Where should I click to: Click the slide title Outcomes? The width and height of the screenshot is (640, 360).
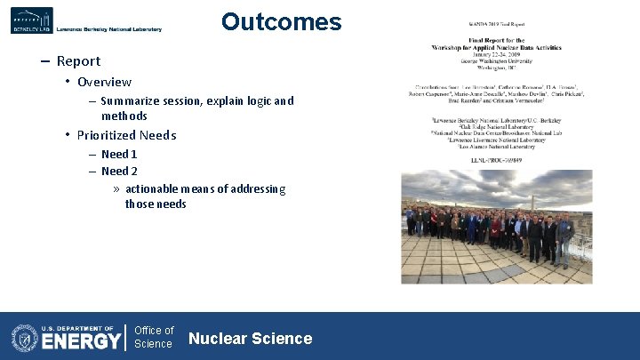(281, 22)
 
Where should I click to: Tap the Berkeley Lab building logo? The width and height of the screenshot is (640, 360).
(31, 20)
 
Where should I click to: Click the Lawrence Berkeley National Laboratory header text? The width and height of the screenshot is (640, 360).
(109, 29)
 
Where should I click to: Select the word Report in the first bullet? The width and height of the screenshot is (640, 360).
(78, 61)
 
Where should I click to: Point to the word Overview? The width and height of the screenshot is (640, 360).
(104, 82)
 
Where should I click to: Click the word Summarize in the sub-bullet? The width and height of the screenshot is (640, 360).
(132, 101)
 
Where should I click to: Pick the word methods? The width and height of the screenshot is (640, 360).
(124, 116)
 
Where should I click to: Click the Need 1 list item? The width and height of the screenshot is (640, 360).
(119, 155)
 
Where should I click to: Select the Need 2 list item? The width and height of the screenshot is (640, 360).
(119, 172)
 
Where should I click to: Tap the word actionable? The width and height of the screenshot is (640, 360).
(157, 188)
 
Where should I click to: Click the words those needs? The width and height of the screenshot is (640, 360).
(156, 204)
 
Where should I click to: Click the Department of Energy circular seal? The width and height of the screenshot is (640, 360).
(25, 338)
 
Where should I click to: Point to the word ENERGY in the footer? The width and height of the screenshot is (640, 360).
(81, 341)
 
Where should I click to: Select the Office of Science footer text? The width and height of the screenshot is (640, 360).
(154, 337)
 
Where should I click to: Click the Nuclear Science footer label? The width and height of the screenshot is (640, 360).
(251, 339)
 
